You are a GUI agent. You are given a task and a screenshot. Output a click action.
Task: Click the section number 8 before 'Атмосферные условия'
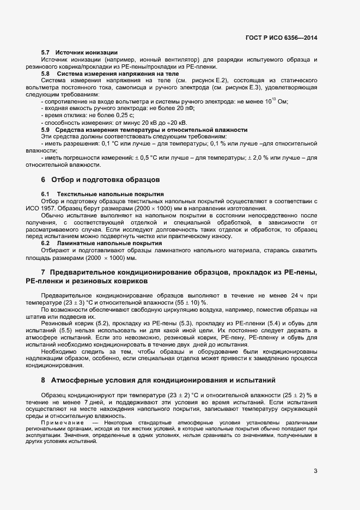pos(43,379)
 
